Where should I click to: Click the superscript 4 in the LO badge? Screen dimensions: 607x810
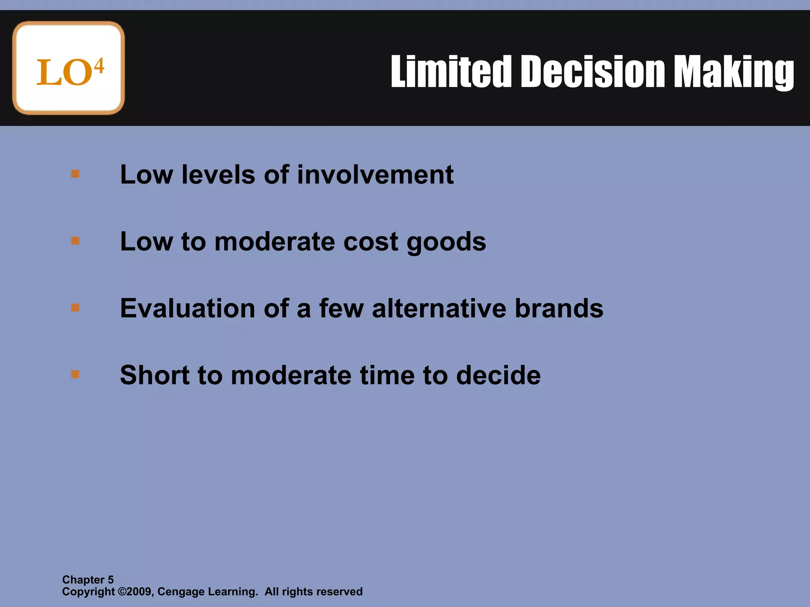coord(99,66)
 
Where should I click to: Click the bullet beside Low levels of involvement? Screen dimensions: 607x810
coord(75,174)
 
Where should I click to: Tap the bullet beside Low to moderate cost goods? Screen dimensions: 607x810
coord(75,241)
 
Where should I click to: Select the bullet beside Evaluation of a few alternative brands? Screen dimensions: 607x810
coord(75,307)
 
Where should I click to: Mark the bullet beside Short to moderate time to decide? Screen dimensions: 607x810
coord(75,374)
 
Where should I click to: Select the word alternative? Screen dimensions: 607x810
coord(439,308)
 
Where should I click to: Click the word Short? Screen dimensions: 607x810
coord(155,375)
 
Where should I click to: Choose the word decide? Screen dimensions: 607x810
coord(498,375)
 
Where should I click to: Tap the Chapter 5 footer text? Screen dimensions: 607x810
coord(88,580)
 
